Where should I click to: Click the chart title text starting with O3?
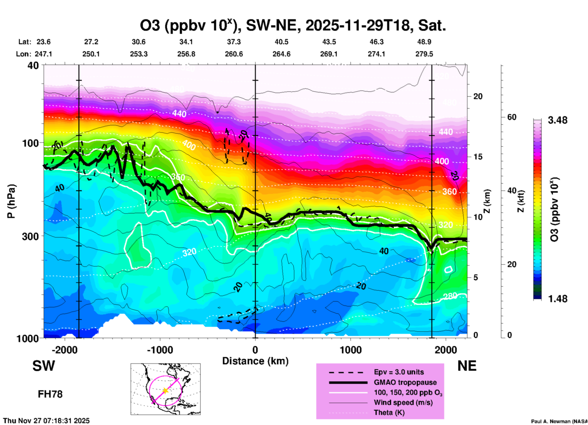point(292,25)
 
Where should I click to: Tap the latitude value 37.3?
point(234,42)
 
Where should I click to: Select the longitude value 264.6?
point(281,54)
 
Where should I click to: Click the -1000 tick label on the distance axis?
point(160,350)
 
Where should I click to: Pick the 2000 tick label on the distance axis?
point(446,350)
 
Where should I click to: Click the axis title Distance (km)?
point(255,361)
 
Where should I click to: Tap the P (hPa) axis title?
point(11,201)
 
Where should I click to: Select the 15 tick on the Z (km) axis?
point(478,157)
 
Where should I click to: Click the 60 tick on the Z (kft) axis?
point(512,117)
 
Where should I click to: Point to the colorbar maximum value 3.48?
point(557,120)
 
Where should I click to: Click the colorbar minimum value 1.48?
point(557,299)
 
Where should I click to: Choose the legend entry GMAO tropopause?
point(405,382)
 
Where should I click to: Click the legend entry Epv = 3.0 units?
point(399,372)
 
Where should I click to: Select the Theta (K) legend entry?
point(389,412)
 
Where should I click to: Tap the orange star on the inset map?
point(165,391)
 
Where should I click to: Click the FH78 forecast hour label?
point(50,394)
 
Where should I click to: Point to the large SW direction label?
point(44,366)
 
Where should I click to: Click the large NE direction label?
point(467,366)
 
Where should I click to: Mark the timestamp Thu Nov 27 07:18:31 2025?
point(46,421)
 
